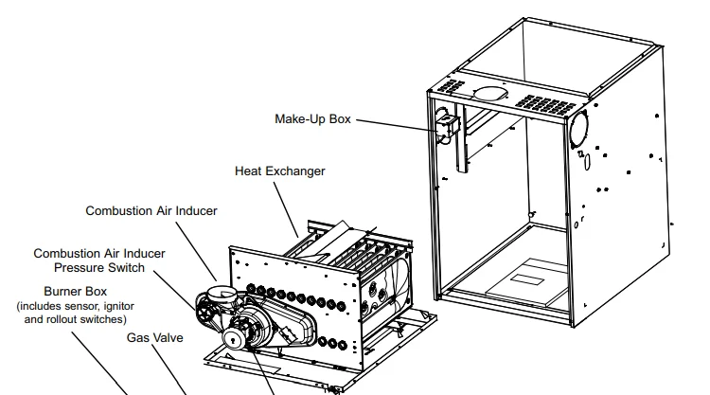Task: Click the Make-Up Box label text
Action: click(x=312, y=119)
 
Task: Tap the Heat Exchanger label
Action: click(x=279, y=171)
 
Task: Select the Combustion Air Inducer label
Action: click(x=151, y=210)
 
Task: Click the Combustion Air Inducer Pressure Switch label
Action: click(x=99, y=260)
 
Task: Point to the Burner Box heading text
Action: click(x=75, y=293)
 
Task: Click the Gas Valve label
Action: click(x=155, y=337)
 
